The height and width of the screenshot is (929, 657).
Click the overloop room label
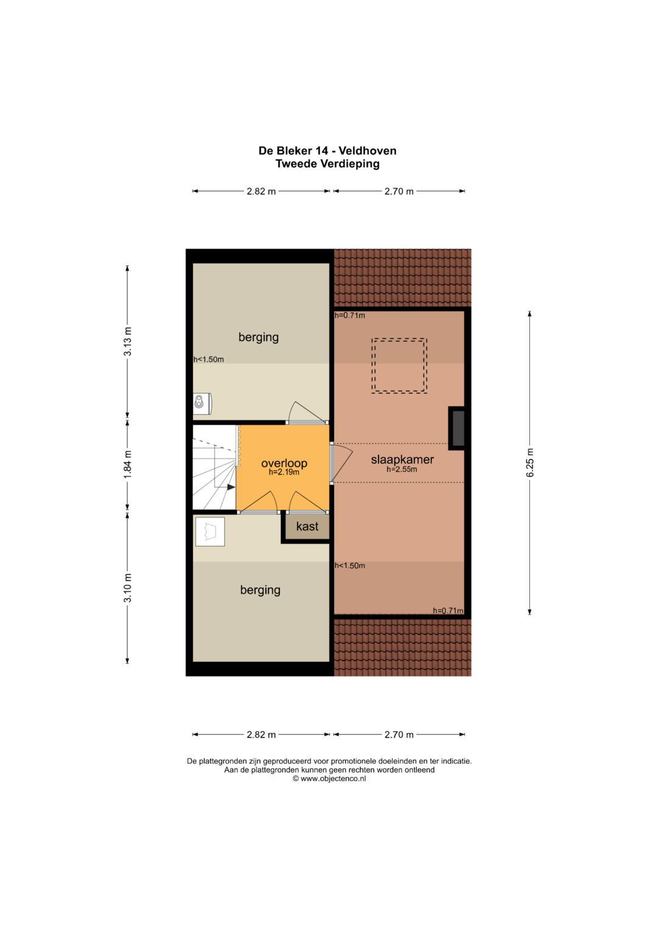(284, 463)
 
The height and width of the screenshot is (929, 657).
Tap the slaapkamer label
(402, 459)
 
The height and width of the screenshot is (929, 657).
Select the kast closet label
(307, 526)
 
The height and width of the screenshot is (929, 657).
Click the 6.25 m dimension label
(530, 462)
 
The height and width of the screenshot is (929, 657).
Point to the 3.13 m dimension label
(127, 341)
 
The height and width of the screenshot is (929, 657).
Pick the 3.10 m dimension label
(127, 588)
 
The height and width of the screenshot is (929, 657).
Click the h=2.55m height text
(401, 470)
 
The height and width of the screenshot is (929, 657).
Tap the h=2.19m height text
(283, 472)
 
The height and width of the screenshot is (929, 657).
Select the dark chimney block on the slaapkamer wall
(456, 428)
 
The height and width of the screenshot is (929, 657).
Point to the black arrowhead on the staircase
(231, 487)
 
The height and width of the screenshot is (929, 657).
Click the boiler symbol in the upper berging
(202, 403)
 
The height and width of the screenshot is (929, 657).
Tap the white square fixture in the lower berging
(210, 532)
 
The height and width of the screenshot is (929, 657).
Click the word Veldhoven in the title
(367, 150)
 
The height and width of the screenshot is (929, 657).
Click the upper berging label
(259, 337)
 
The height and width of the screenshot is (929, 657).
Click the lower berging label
(260, 590)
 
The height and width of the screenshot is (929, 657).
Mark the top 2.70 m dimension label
(399, 191)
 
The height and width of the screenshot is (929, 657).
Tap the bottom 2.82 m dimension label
(262, 734)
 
